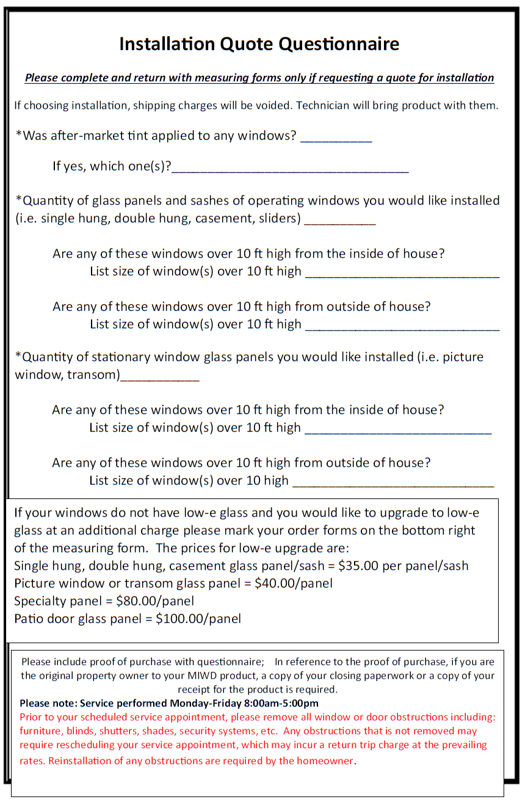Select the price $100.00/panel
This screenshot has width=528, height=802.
(198, 619)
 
